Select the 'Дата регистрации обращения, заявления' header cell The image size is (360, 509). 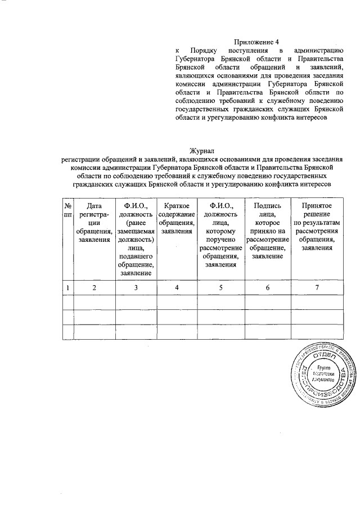[94, 223]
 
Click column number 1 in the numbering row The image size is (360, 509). [67, 288]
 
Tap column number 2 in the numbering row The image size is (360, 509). [94, 288]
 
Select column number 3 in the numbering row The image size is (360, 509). [136, 288]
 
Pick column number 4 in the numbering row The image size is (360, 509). [177, 288]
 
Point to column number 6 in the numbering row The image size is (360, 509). [268, 288]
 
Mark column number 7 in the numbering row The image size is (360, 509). [317, 288]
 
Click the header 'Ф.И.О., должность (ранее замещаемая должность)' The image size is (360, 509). [136, 239]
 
